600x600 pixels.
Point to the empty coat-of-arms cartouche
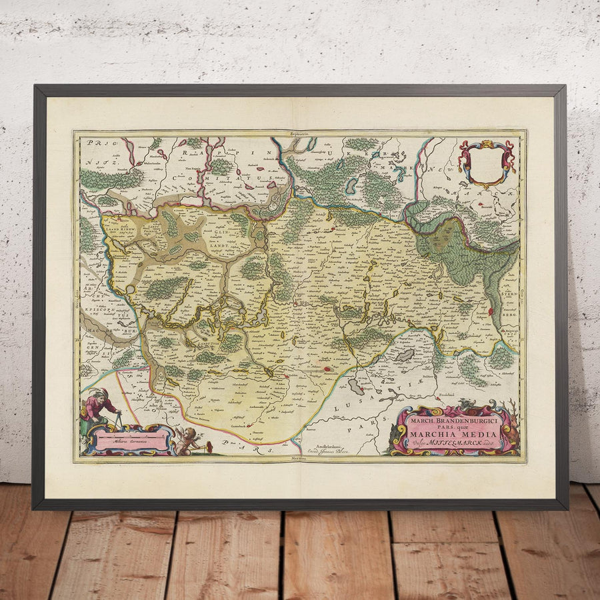coord(487,162)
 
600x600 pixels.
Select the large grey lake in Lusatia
coord(405,356)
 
